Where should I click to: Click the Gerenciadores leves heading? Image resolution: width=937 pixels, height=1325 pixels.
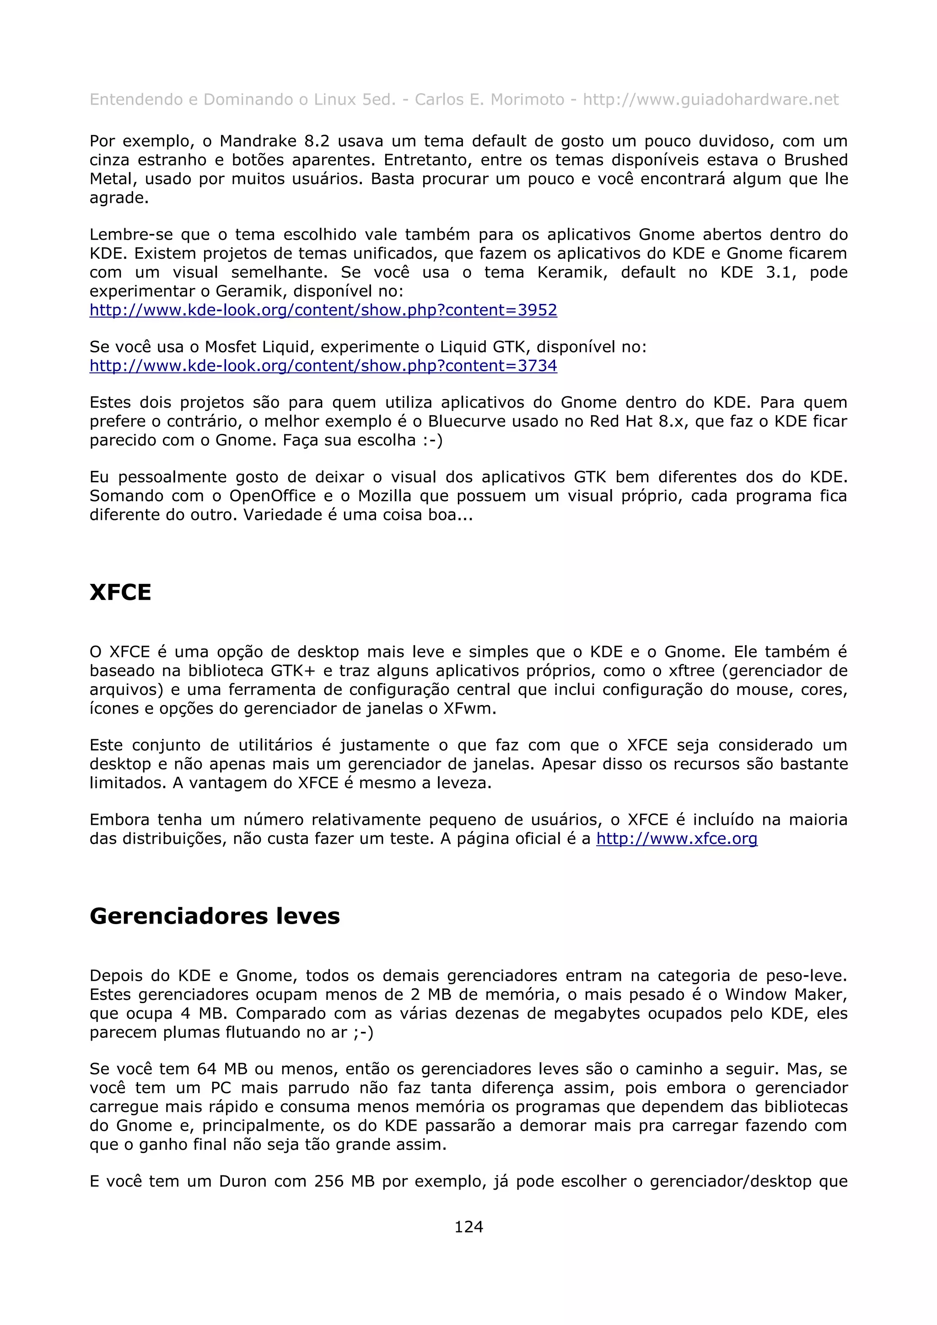[x=214, y=916]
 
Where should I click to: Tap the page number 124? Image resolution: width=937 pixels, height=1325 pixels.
[x=468, y=1227]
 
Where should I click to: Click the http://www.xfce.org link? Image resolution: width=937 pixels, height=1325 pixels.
[x=676, y=839]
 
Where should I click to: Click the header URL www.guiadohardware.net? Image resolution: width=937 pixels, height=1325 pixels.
[x=710, y=100]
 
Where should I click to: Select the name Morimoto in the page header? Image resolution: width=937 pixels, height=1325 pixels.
[x=527, y=100]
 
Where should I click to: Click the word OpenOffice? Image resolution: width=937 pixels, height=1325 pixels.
[x=273, y=496]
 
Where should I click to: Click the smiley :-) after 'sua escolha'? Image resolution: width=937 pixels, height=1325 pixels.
[x=432, y=441]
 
